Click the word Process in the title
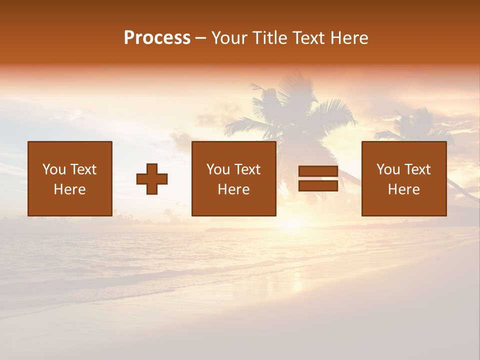(x=157, y=37)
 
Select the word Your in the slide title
(x=230, y=37)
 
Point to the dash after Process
(x=200, y=38)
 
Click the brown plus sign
(x=152, y=179)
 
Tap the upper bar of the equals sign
(x=318, y=171)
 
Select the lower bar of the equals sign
(x=318, y=186)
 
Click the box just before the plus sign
(x=70, y=178)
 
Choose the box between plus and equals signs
(x=234, y=178)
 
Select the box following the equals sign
(x=404, y=178)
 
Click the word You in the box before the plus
(x=54, y=169)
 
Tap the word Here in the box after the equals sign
(x=404, y=189)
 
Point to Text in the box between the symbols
(x=247, y=169)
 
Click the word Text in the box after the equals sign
(x=417, y=169)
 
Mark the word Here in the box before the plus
(x=70, y=189)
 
